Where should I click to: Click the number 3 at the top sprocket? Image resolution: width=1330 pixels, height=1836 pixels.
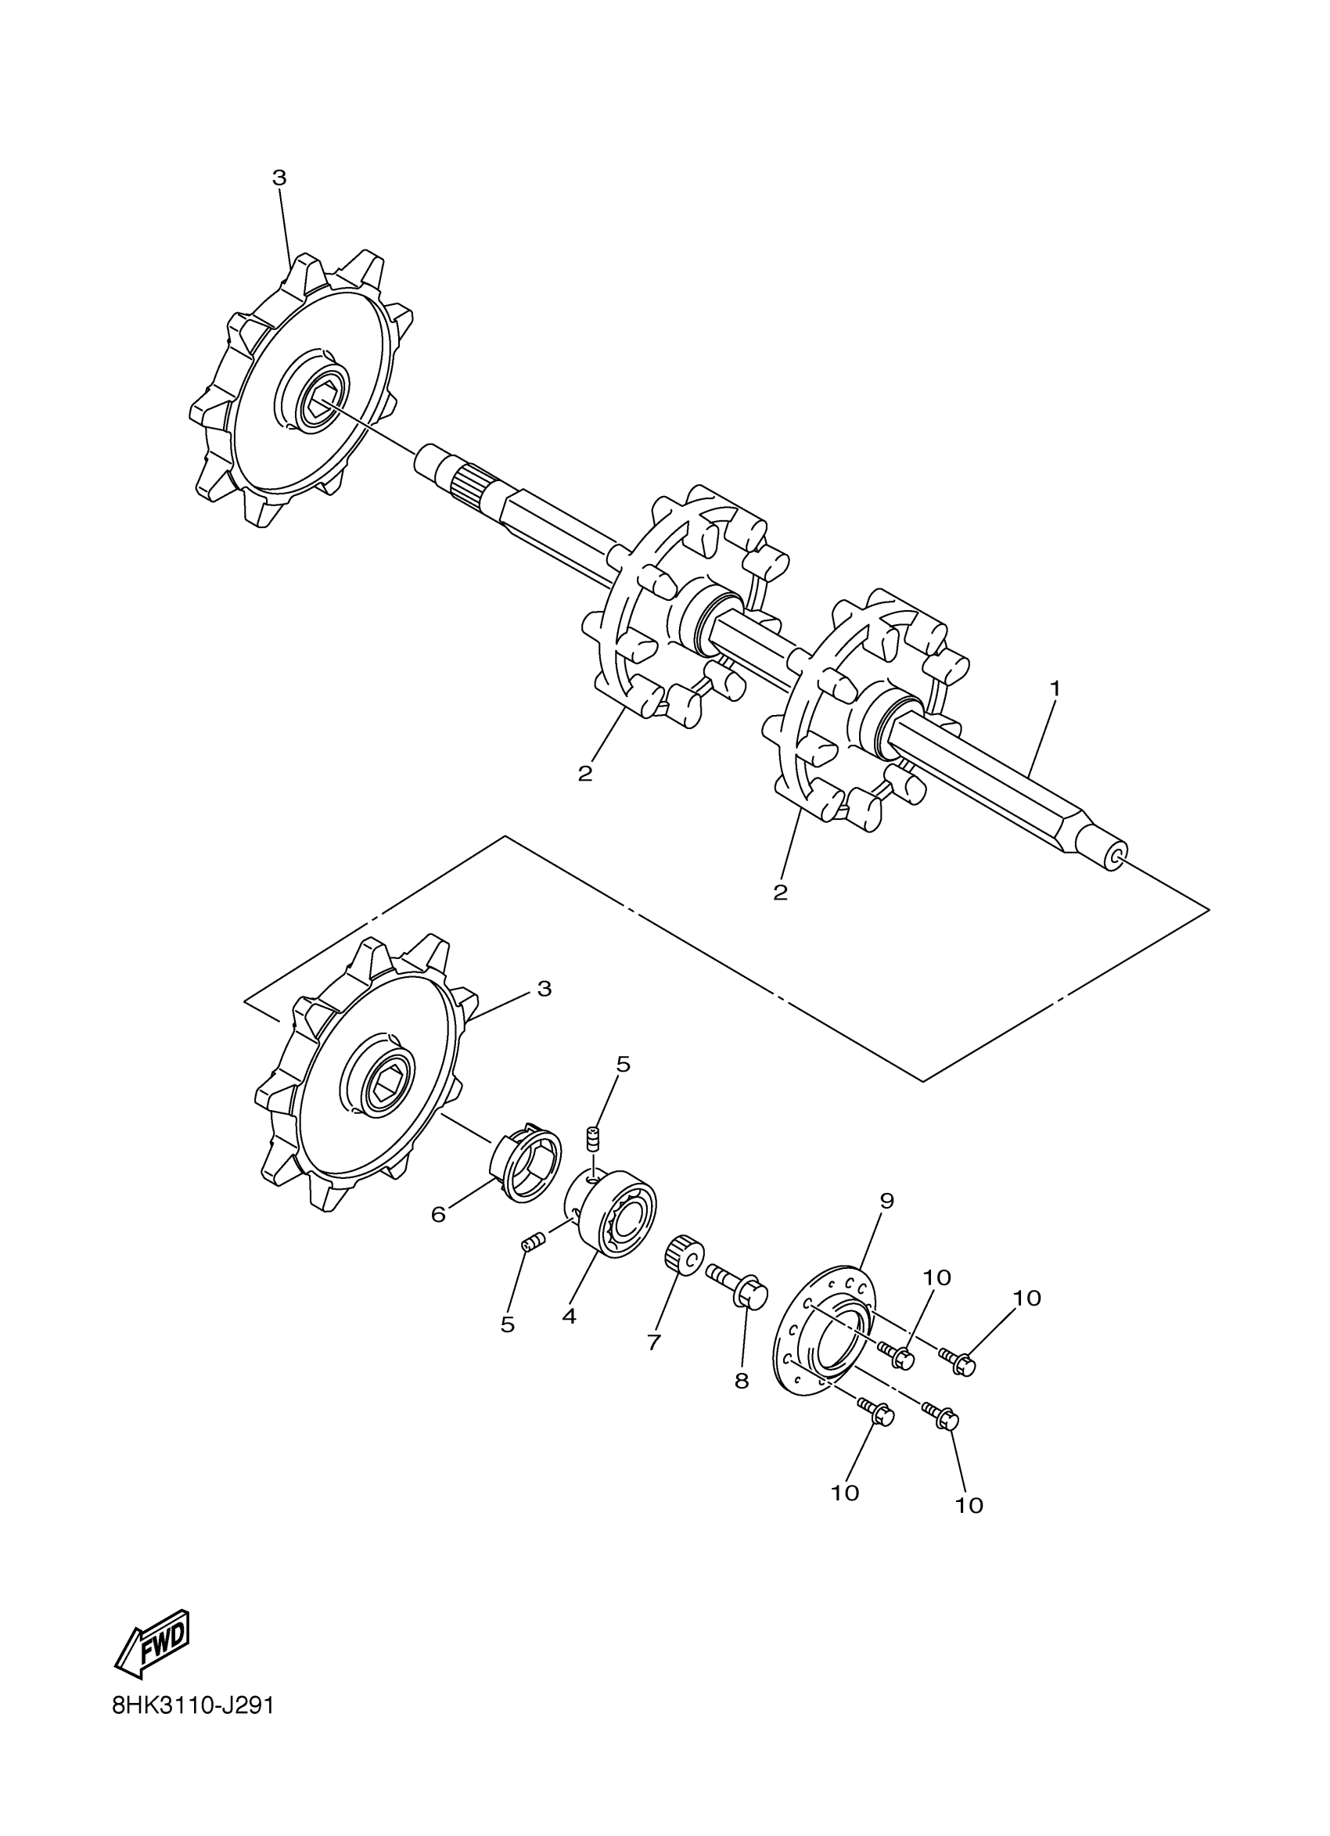(x=279, y=178)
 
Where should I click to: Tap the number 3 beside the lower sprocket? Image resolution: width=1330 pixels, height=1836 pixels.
(x=544, y=989)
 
